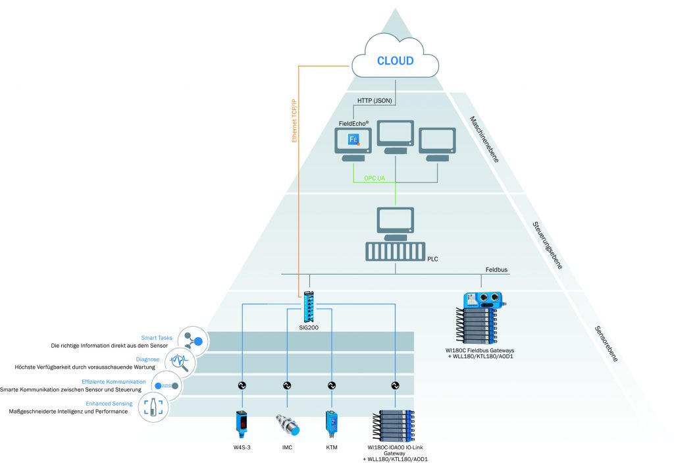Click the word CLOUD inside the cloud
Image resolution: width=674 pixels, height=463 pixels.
coord(395,61)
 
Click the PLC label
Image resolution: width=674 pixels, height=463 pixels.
coord(432,259)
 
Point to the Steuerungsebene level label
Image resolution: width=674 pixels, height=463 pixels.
coord(548,244)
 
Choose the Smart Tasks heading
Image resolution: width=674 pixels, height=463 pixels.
coord(157,338)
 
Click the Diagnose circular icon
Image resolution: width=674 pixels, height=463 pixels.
coord(178,361)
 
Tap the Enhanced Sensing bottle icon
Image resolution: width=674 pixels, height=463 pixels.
coord(152,408)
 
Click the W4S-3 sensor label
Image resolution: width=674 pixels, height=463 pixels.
coord(243,447)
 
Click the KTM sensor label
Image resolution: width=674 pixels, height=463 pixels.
coord(331,447)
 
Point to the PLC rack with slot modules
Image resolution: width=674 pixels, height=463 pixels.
coord(395,253)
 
